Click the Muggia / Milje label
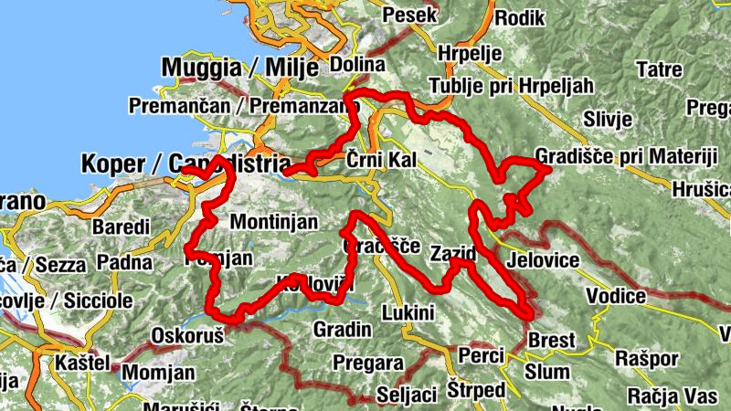(x=239, y=67)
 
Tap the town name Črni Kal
(x=381, y=161)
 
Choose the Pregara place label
(x=369, y=362)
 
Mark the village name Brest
(x=552, y=341)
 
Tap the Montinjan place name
(x=274, y=221)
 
